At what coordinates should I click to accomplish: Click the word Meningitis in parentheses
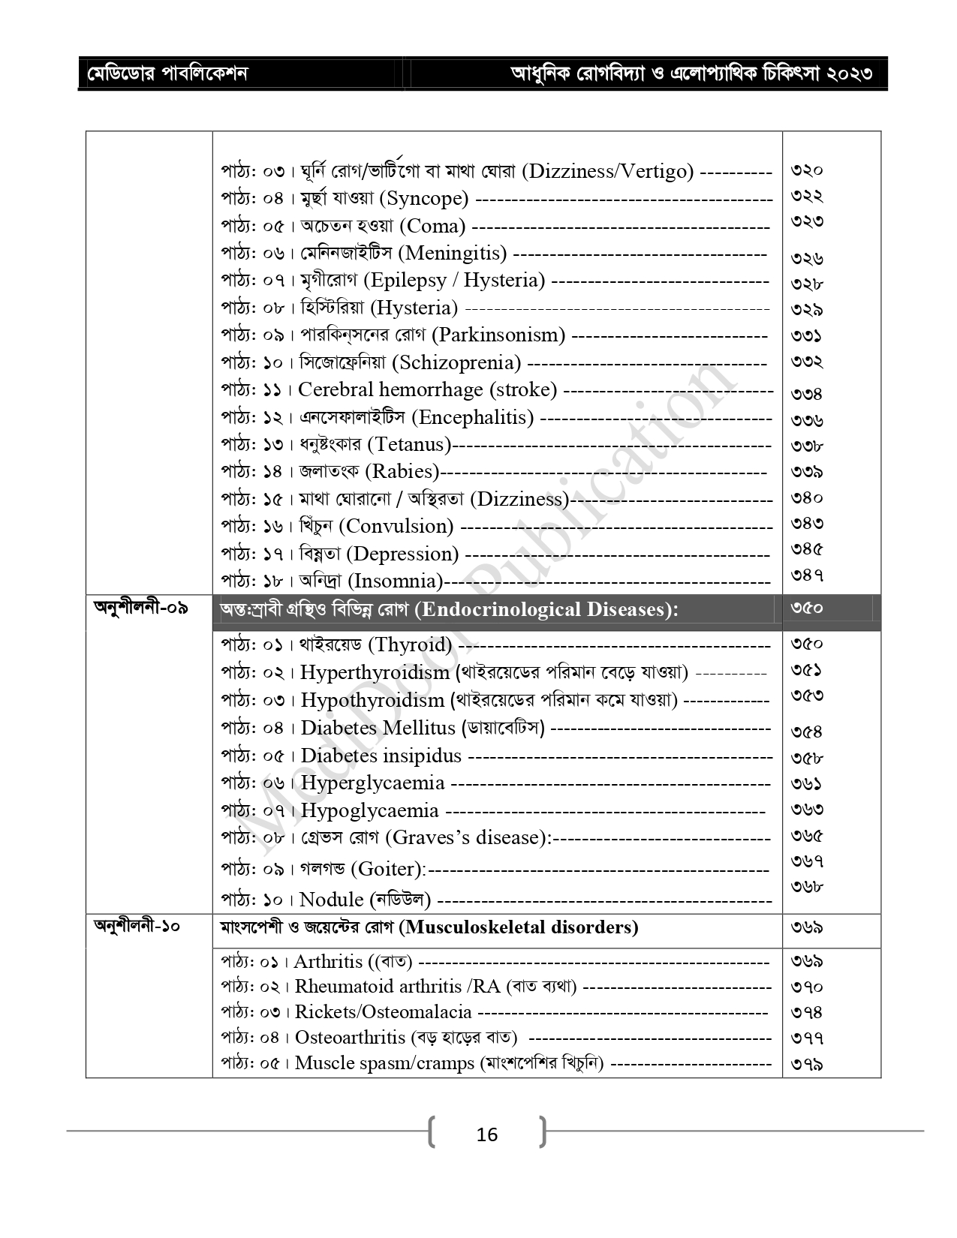(456, 254)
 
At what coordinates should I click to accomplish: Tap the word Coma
(432, 226)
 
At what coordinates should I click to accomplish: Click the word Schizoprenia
(460, 362)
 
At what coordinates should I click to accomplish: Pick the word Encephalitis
(474, 417)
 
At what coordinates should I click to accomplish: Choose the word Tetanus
(409, 444)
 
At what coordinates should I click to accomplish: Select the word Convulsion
(396, 526)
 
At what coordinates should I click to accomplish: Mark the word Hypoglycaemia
(369, 810)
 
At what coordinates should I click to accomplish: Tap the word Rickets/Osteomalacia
(383, 1012)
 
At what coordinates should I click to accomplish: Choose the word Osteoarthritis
(350, 1038)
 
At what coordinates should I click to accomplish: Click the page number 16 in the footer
(486, 1134)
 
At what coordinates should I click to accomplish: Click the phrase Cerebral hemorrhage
(390, 390)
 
